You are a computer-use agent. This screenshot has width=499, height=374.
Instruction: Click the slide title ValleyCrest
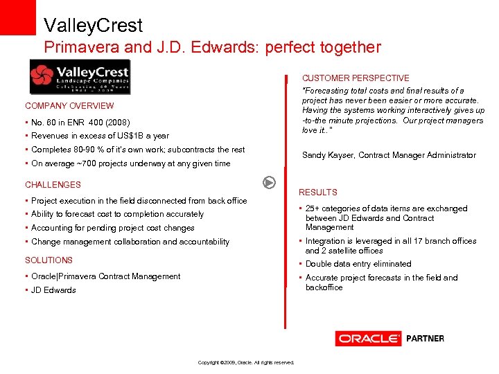tap(93, 26)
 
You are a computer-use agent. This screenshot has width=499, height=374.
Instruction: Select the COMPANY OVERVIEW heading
tap(69, 106)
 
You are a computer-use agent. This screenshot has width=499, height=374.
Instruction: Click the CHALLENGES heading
tap(53, 185)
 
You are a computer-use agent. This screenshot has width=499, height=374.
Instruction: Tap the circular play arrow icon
tap(270, 183)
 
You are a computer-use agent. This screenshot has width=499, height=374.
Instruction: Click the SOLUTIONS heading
tap(49, 260)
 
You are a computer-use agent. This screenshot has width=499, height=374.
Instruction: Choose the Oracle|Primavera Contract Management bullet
tap(105, 276)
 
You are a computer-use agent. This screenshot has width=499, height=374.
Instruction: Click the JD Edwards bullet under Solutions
tap(53, 290)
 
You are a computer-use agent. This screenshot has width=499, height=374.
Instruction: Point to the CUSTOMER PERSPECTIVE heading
tap(355, 78)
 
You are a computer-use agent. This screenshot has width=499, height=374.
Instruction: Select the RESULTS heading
tap(317, 193)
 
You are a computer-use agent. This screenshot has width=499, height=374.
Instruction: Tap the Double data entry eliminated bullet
tap(358, 264)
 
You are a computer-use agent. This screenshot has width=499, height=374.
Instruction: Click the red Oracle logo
tap(368, 339)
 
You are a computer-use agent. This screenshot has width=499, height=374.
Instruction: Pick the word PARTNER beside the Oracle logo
tap(425, 339)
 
